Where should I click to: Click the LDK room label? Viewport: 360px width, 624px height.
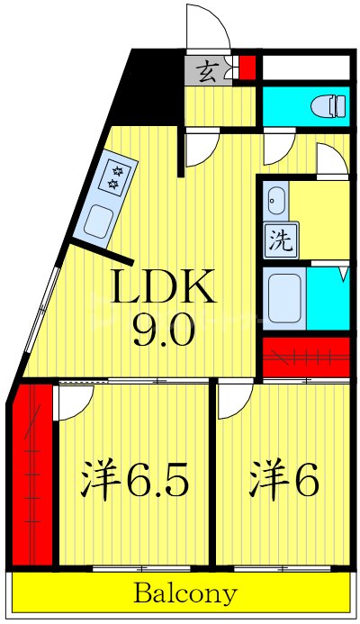point(163,289)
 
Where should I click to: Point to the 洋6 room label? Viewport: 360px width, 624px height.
point(283,483)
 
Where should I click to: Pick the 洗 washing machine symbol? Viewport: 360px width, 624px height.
point(280,241)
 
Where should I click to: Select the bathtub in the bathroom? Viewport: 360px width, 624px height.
point(286,297)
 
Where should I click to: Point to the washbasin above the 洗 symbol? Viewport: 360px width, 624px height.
point(275,198)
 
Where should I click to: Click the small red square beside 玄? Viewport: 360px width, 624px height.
point(247,68)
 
